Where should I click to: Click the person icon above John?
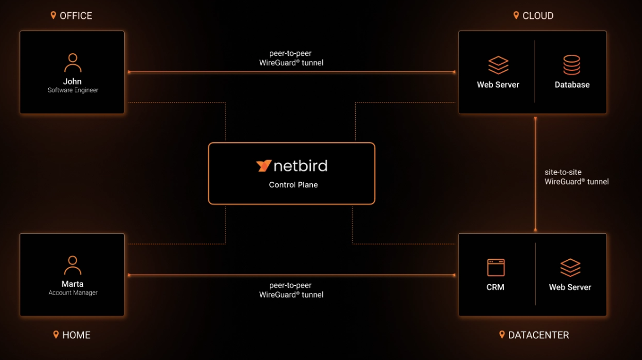73,63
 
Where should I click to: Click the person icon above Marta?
73,265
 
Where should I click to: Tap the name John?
73,81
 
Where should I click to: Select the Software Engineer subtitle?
73,90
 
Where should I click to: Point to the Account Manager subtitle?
73,293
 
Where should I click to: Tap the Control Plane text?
293,185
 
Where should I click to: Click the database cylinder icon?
572,65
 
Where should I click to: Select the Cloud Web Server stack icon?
498,65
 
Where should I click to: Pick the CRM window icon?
495,268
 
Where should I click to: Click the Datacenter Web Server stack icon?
570,268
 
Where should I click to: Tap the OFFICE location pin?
54,16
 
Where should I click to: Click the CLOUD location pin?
516,16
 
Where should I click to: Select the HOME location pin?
56,335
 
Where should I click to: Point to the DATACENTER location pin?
502,335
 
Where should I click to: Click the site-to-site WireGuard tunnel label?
576,177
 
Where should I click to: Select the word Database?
572,85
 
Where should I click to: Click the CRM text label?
495,287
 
